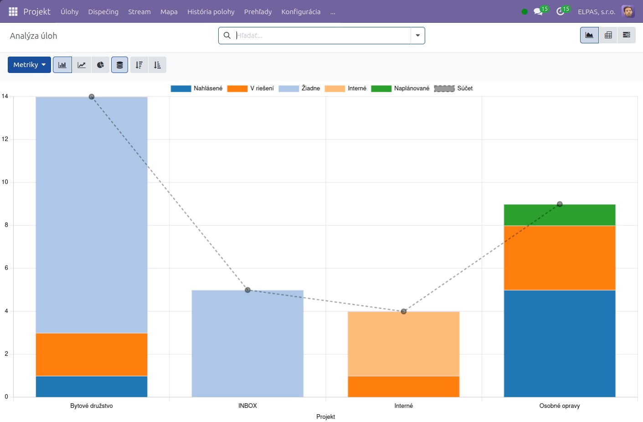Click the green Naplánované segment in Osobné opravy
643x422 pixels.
point(560,215)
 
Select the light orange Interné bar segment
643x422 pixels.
point(404,344)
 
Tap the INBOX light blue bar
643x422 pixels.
point(247,344)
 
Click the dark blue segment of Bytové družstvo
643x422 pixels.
point(92,386)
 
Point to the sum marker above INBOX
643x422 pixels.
point(248,290)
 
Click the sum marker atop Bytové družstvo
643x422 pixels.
point(92,97)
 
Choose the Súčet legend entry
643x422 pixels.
point(453,88)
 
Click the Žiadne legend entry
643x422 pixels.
point(299,88)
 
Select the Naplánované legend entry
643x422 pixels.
point(400,88)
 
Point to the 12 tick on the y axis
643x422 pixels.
point(5,139)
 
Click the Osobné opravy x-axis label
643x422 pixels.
point(560,406)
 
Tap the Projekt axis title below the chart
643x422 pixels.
point(325,417)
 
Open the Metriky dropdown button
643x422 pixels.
point(29,65)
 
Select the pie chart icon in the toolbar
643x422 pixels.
point(100,65)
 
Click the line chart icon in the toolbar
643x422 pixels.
point(82,65)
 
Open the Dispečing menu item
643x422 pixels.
point(103,11)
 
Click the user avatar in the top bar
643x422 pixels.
point(628,11)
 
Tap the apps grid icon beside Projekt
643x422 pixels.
point(13,11)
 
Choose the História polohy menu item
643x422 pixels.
point(211,11)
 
